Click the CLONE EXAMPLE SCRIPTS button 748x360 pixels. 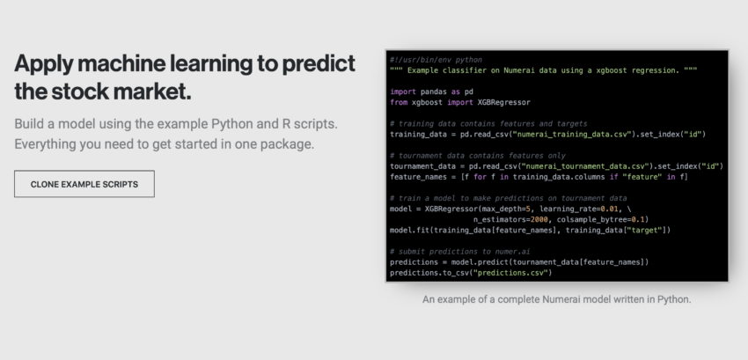(x=84, y=184)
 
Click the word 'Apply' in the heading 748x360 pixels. (x=42, y=64)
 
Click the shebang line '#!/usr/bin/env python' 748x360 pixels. (x=436, y=60)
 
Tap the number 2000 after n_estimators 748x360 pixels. (x=539, y=220)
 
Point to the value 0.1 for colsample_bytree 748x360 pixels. (x=638, y=220)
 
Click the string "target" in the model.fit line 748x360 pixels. (x=644, y=230)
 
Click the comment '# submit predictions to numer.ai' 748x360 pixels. (x=460, y=252)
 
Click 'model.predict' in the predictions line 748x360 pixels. (x=480, y=262)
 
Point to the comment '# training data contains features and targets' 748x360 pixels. (x=488, y=123)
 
